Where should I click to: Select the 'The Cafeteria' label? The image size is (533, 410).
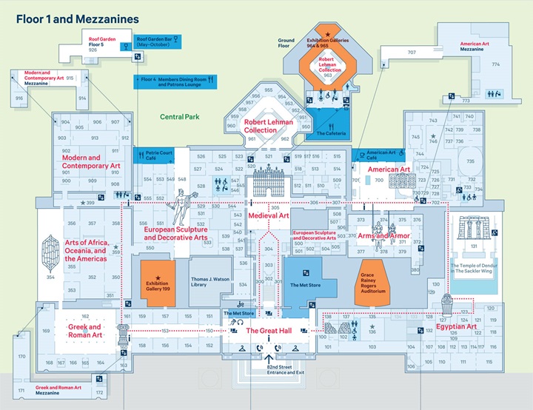coord(331,133)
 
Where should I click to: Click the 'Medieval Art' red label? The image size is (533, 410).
coord(268,215)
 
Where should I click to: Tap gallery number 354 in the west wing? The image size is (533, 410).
coord(50,278)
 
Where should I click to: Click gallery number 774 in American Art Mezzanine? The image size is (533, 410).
coord(496,64)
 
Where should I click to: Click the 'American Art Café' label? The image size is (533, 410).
coord(381,155)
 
